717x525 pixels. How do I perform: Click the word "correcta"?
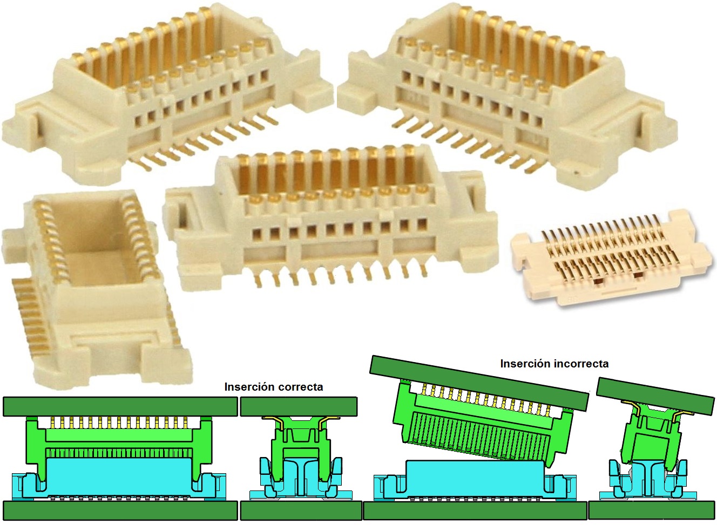point(301,387)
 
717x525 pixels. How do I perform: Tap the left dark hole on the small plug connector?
point(597,281)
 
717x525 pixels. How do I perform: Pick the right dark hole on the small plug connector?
point(638,275)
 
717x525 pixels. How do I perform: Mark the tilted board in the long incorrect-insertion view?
point(479,383)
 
